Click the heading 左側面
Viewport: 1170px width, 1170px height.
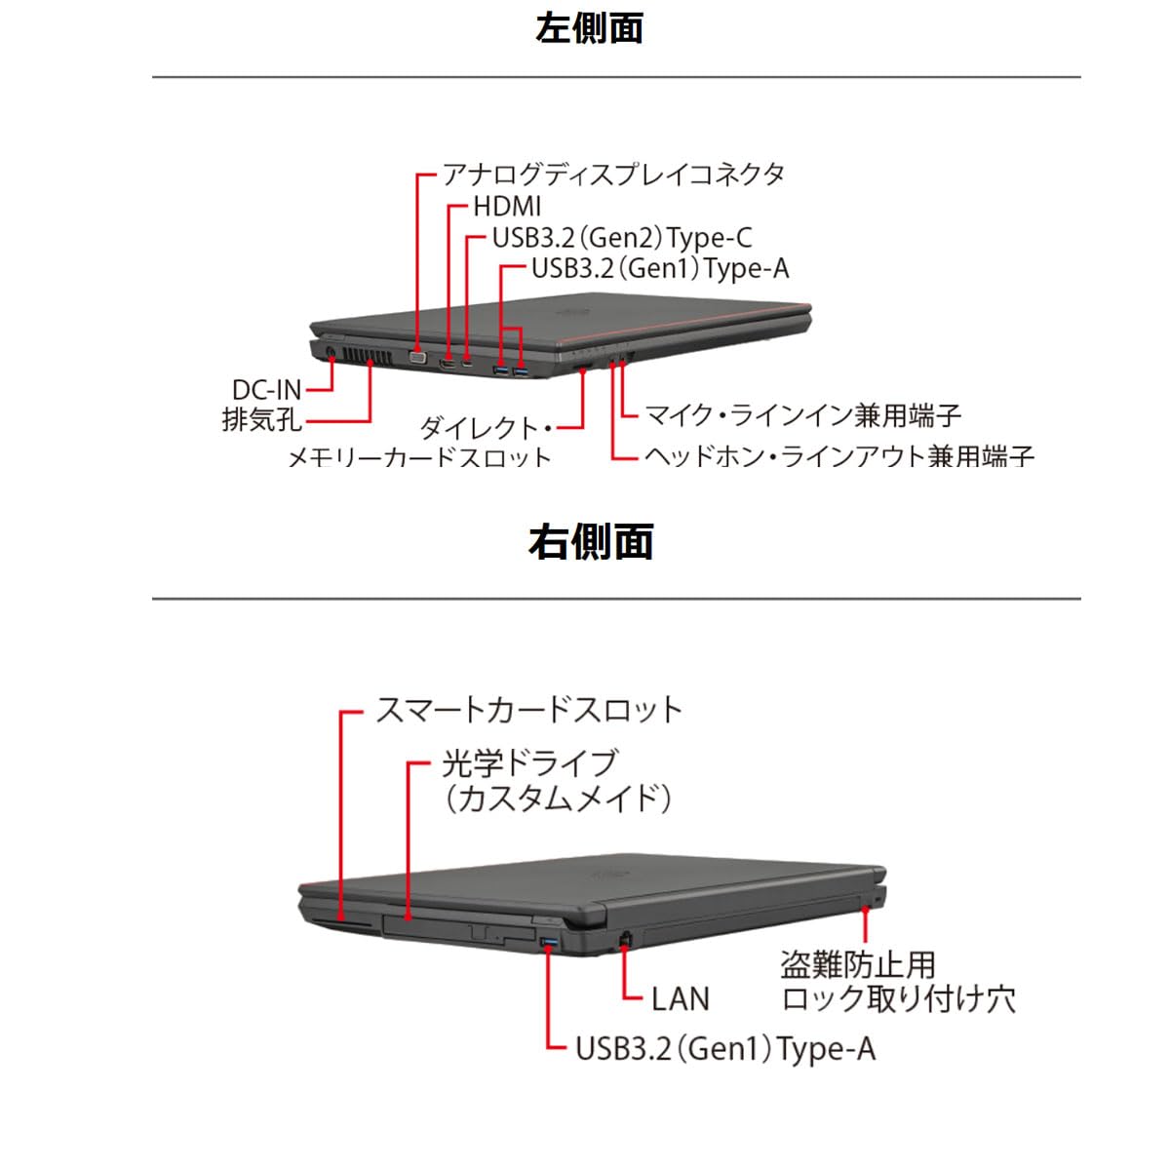pyautogui.click(x=589, y=27)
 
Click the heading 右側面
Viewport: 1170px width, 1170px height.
pyautogui.click(x=590, y=542)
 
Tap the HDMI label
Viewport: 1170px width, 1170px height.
pyautogui.click(x=507, y=207)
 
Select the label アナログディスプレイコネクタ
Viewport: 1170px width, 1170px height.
pyautogui.click(x=613, y=175)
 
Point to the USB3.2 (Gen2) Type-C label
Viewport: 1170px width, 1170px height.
pyautogui.click(x=622, y=238)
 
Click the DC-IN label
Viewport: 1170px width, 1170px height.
pyautogui.click(x=266, y=390)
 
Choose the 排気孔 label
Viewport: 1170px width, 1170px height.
pyautogui.click(x=261, y=421)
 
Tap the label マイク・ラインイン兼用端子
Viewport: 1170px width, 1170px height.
pyautogui.click(x=802, y=415)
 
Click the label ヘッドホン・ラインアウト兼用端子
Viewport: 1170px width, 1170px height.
pyautogui.click(x=838, y=455)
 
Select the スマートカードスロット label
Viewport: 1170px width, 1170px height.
pyautogui.click(x=528, y=710)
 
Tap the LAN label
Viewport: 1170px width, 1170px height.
pyautogui.click(x=681, y=998)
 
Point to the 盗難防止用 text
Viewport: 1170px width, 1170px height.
pyautogui.click(x=858, y=965)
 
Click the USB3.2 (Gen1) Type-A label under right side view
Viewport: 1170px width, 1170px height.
pyautogui.click(x=725, y=1049)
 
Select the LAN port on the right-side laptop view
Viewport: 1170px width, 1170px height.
pyautogui.click(x=625, y=938)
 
